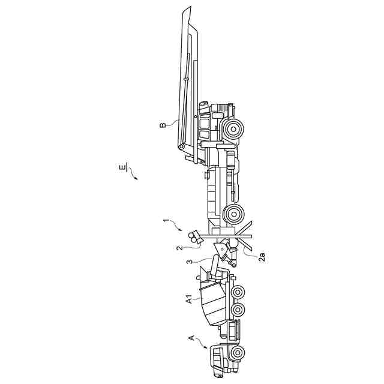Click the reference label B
click(163, 125)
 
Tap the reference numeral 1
click(166, 221)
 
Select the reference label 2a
click(262, 256)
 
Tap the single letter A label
click(192, 339)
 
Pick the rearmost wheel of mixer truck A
click(238, 292)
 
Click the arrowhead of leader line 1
click(182, 230)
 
